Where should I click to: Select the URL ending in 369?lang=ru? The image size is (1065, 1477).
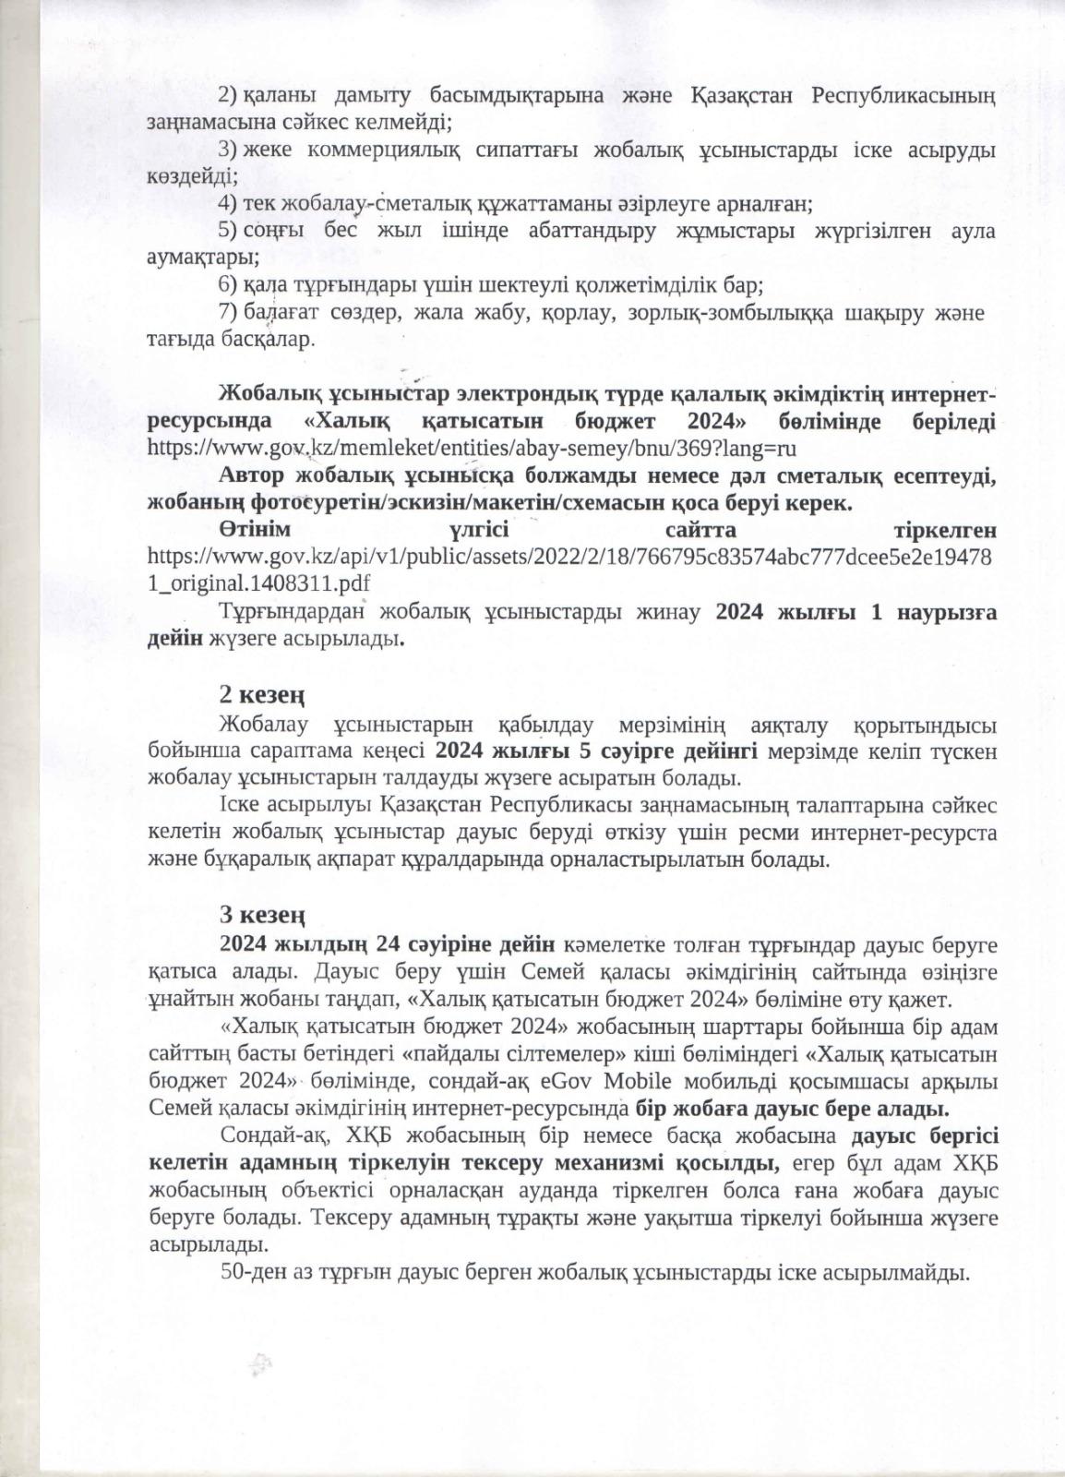[472, 448]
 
